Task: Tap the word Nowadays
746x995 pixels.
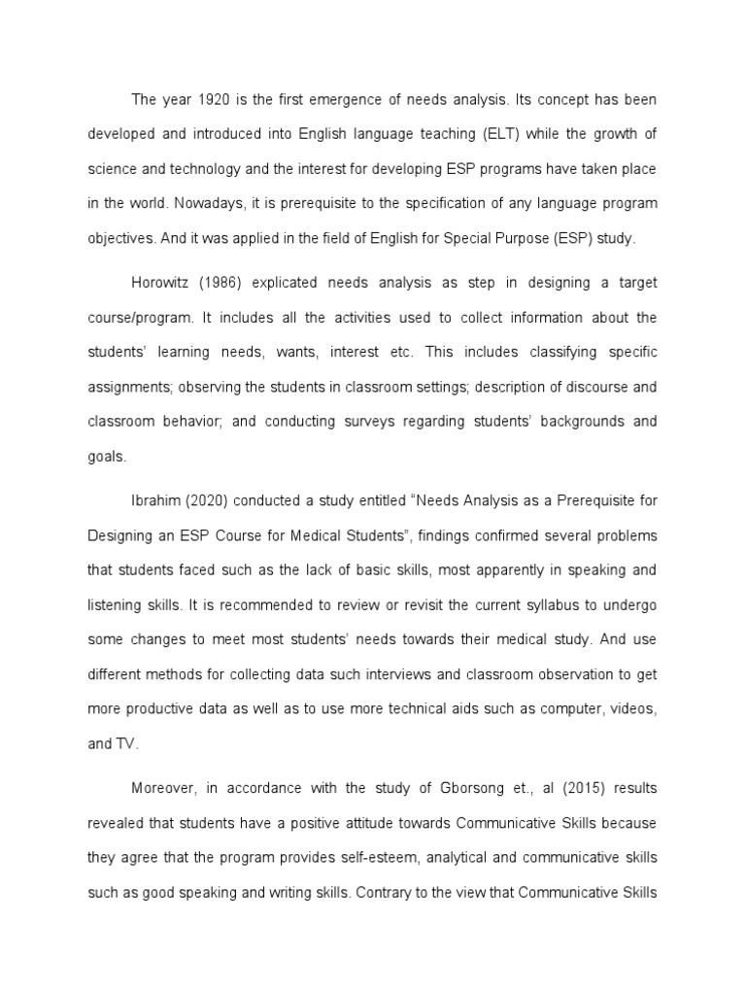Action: coord(164,203)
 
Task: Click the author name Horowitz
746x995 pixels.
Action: coord(161,283)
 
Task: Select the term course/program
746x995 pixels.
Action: coord(135,318)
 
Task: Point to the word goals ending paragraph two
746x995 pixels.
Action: coord(108,455)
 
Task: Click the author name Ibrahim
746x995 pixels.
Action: coord(157,500)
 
